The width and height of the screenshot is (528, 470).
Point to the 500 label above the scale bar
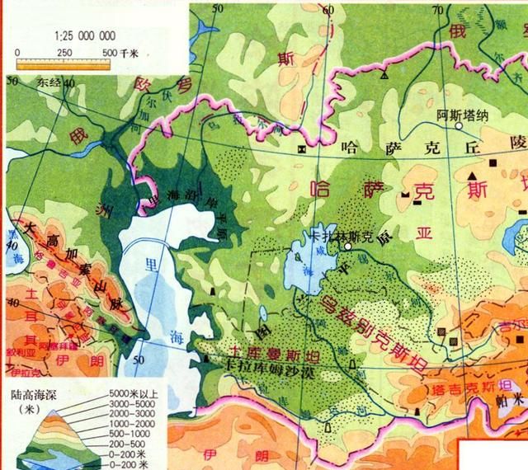tap(111, 52)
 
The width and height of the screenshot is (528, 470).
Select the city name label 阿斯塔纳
tap(458, 115)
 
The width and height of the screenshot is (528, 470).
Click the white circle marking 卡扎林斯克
tap(348, 246)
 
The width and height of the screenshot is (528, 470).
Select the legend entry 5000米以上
tap(137, 394)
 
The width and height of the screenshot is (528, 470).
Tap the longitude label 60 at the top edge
tap(328, 9)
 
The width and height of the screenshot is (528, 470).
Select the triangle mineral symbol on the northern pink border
tap(384, 74)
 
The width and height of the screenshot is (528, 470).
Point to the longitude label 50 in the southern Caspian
tap(139, 360)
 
